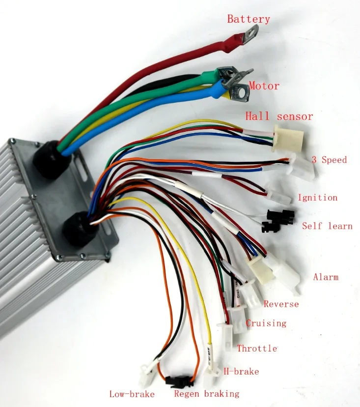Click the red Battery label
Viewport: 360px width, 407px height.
pyautogui.click(x=248, y=19)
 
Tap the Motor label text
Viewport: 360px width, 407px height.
pyautogui.click(x=264, y=86)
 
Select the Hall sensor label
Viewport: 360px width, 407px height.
pyautogui.click(x=279, y=116)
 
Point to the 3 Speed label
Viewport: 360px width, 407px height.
pyautogui.click(x=329, y=160)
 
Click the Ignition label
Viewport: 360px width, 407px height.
pyautogui.click(x=317, y=198)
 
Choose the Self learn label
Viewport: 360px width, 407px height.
pyautogui.click(x=327, y=226)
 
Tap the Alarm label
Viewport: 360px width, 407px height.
pyautogui.click(x=326, y=277)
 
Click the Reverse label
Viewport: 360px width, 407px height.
pyautogui.click(x=281, y=304)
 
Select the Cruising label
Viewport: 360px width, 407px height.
pyautogui.click(x=266, y=323)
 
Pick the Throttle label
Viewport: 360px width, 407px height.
pyautogui.click(x=257, y=349)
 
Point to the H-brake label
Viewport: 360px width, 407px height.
pyautogui.click(x=241, y=371)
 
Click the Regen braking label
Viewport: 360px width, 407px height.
pyautogui.click(x=206, y=394)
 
